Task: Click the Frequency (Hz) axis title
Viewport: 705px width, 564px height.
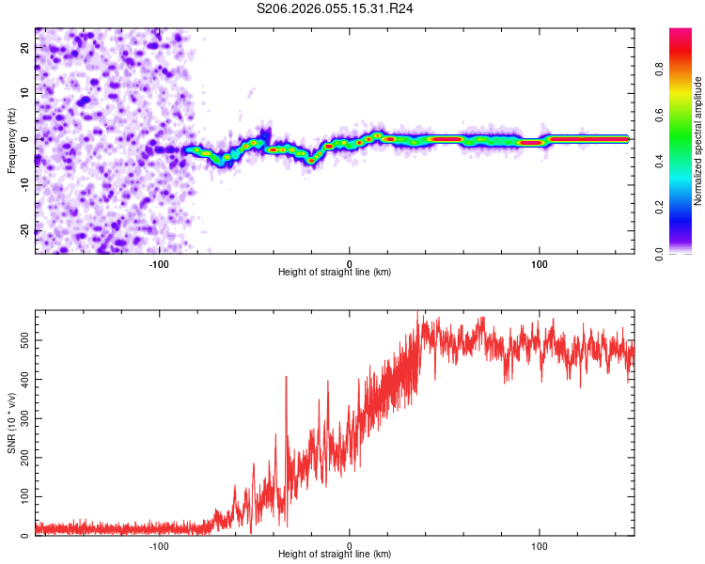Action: coord(11,141)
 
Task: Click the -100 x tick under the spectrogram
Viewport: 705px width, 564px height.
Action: coord(159,263)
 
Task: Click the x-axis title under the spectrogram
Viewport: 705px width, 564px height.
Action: coord(335,273)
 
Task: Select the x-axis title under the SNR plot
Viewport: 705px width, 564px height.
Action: coord(335,555)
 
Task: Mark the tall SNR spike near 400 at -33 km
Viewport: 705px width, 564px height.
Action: coord(287,379)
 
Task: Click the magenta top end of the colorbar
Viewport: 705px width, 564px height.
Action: coord(681,33)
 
